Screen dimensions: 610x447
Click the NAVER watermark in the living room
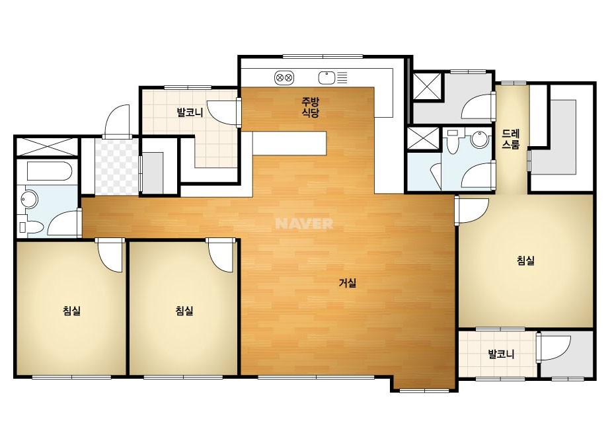304,223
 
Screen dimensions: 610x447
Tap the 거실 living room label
347,283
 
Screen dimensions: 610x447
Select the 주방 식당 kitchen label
311,108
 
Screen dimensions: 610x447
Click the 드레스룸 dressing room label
510,139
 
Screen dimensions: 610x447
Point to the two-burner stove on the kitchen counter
284,78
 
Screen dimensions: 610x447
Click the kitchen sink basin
326,78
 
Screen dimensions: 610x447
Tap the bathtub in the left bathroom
50,171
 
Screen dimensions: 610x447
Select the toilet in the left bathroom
31,227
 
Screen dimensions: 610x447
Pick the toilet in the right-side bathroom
453,142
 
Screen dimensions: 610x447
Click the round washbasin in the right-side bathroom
479,140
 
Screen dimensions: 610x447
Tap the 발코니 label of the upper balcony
190,113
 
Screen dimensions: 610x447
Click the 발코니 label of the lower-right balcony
501,354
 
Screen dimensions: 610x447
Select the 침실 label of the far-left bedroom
71,310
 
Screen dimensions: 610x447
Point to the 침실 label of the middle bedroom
184,310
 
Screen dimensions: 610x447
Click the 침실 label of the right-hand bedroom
525,260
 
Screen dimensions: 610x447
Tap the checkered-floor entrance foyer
117,167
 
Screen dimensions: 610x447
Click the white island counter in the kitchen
289,143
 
